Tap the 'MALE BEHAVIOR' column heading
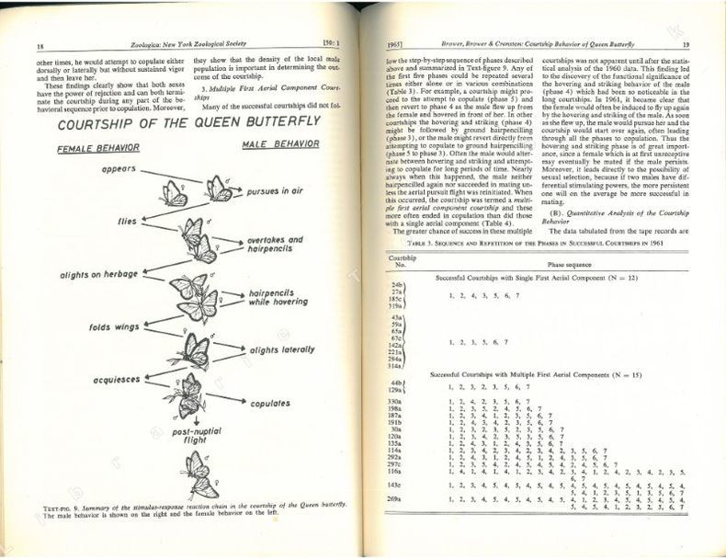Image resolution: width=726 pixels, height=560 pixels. [x=280, y=144]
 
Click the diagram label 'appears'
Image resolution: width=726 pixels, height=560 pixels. [x=119, y=168]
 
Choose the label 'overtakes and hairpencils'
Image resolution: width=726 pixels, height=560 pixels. [x=275, y=245]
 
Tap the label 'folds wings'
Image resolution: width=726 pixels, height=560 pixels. [x=113, y=326]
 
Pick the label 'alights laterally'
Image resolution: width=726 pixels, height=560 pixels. [x=282, y=349]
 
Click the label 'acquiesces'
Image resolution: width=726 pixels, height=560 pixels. [x=114, y=380]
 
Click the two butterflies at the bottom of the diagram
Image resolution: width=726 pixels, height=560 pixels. [x=197, y=474]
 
